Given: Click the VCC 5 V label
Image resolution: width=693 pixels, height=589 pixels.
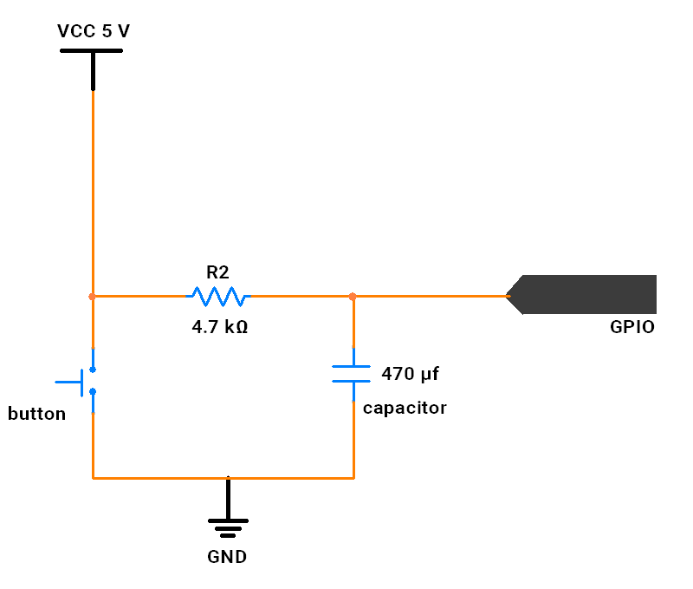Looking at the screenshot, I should click(x=94, y=31).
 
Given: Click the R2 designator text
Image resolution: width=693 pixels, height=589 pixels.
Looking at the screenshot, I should click(x=217, y=272).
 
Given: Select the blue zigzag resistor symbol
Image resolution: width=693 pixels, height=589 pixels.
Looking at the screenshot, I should click(x=218, y=297).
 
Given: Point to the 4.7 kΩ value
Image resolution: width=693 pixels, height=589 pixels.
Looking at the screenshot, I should click(x=219, y=328).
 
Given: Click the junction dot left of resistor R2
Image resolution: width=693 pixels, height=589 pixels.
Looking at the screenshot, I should click(x=92, y=297).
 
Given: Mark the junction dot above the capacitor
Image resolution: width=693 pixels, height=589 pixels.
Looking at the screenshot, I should click(x=353, y=297).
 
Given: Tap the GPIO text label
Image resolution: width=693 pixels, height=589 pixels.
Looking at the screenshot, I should click(x=632, y=328).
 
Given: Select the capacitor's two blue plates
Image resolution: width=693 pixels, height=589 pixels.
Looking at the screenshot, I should click(x=353, y=374).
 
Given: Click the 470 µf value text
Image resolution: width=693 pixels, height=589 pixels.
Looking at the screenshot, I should click(x=410, y=375).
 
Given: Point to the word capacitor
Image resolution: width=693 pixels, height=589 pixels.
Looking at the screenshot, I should click(x=405, y=408).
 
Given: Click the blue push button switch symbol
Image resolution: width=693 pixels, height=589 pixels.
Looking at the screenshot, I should click(x=87, y=381).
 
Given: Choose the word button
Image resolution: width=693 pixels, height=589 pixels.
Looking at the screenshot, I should click(x=36, y=414).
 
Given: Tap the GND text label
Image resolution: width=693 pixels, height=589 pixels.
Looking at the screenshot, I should click(x=227, y=557).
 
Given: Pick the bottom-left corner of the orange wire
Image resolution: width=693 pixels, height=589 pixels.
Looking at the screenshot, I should click(x=93, y=477).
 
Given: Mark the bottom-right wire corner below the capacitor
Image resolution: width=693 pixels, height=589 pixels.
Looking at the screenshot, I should click(x=353, y=477).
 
